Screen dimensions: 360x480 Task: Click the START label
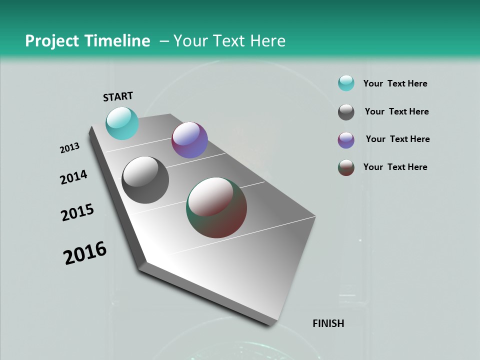point(118,96)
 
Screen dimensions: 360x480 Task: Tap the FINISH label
point(328,323)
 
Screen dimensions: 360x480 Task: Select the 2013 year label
point(69,148)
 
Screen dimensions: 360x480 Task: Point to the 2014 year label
point(73,177)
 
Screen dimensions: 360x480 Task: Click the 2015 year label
point(77,212)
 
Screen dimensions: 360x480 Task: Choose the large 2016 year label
point(85,252)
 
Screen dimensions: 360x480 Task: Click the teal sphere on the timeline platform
point(122,123)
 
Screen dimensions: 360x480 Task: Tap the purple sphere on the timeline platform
point(189,140)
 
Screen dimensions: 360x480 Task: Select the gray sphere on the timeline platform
point(145,180)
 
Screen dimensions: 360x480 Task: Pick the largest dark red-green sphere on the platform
point(216,207)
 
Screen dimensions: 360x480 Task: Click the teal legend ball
point(346,83)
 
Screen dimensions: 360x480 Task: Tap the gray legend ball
point(346,112)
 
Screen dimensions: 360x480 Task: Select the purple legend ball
point(346,140)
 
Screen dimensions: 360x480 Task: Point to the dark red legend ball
point(346,167)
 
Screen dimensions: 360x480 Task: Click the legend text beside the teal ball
point(395,83)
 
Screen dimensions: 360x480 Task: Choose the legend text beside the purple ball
point(397,139)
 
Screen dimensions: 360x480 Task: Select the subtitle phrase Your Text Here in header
point(229,41)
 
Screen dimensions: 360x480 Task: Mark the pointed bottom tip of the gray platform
point(270,323)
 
